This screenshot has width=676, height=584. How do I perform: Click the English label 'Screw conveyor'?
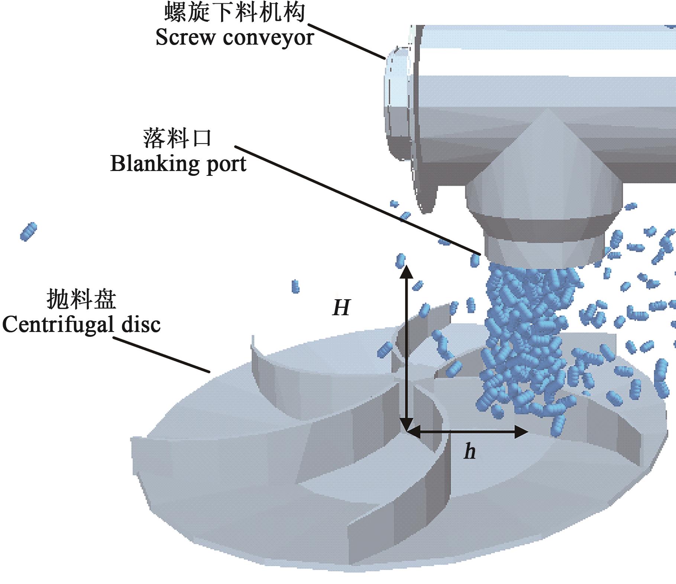tap(235, 38)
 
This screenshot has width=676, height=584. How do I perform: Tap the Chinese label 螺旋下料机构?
tap(235, 12)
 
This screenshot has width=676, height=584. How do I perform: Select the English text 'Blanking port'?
tap(178, 164)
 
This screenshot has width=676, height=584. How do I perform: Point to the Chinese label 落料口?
tap(177, 138)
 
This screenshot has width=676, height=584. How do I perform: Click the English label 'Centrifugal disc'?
tap(81, 324)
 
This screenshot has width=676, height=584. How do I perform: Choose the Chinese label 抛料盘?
tap(81, 300)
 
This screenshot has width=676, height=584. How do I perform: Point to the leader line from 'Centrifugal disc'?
tap(162, 355)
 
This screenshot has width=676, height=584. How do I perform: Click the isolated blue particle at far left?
tap(28, 231)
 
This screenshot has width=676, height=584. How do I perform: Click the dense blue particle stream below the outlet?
tap(528, 335)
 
